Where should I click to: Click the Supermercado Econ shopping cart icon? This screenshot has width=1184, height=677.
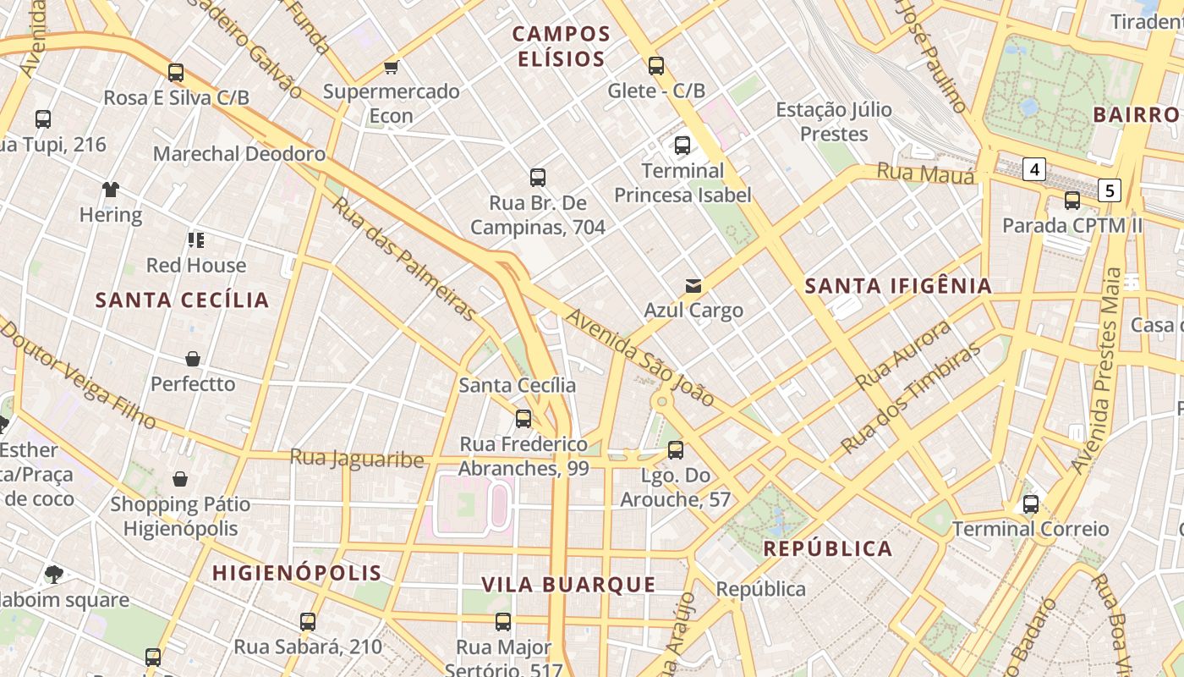coord(391,66)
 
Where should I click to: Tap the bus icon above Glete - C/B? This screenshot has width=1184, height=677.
coord(656,65)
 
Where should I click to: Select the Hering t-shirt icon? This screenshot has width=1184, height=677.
coord(111,190)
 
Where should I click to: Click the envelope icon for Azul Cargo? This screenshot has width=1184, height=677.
coord(693,285)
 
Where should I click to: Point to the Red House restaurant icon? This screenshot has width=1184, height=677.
coord(196,240)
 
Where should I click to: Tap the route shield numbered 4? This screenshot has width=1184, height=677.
coord(1033,169)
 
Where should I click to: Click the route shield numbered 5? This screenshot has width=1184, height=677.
coord(1110,190)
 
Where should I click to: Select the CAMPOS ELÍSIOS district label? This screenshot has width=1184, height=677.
coord(561,47)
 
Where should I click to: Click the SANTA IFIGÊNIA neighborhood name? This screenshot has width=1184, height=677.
coord(898,286)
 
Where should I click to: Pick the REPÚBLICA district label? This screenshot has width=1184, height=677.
coord(828,548)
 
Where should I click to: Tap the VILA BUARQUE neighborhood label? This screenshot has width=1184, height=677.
coord(568,585)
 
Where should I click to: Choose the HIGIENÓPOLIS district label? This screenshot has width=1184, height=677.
coord(297,573)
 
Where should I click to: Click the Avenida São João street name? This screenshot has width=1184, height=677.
coord(640,357)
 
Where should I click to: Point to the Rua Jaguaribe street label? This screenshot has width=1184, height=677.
coord(357,459)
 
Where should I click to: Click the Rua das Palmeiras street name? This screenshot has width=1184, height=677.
coord(404,259)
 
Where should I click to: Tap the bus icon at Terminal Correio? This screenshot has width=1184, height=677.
coord(1031,504)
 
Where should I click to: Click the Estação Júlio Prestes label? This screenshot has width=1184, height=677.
coord(834,122)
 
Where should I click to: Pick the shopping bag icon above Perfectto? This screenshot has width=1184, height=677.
coord(193,359)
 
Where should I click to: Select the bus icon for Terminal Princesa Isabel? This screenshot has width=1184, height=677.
coord(682,146)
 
